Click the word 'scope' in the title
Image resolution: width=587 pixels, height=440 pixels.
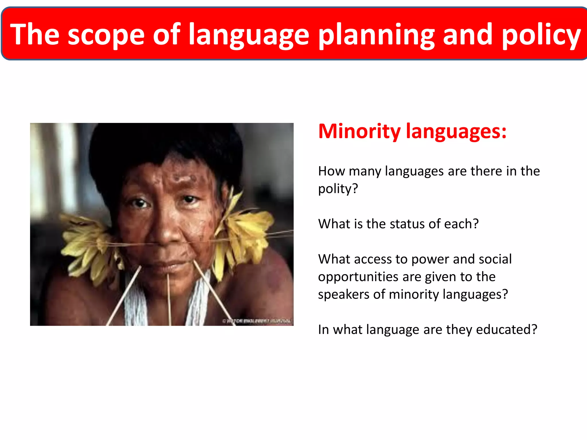click(x=106, y=35)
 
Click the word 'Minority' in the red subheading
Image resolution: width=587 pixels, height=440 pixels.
click(x=359, y=131)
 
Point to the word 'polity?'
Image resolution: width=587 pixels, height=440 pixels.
click(x=338, y=189)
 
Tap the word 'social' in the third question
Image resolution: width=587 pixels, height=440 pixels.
click(x=495, y=259)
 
